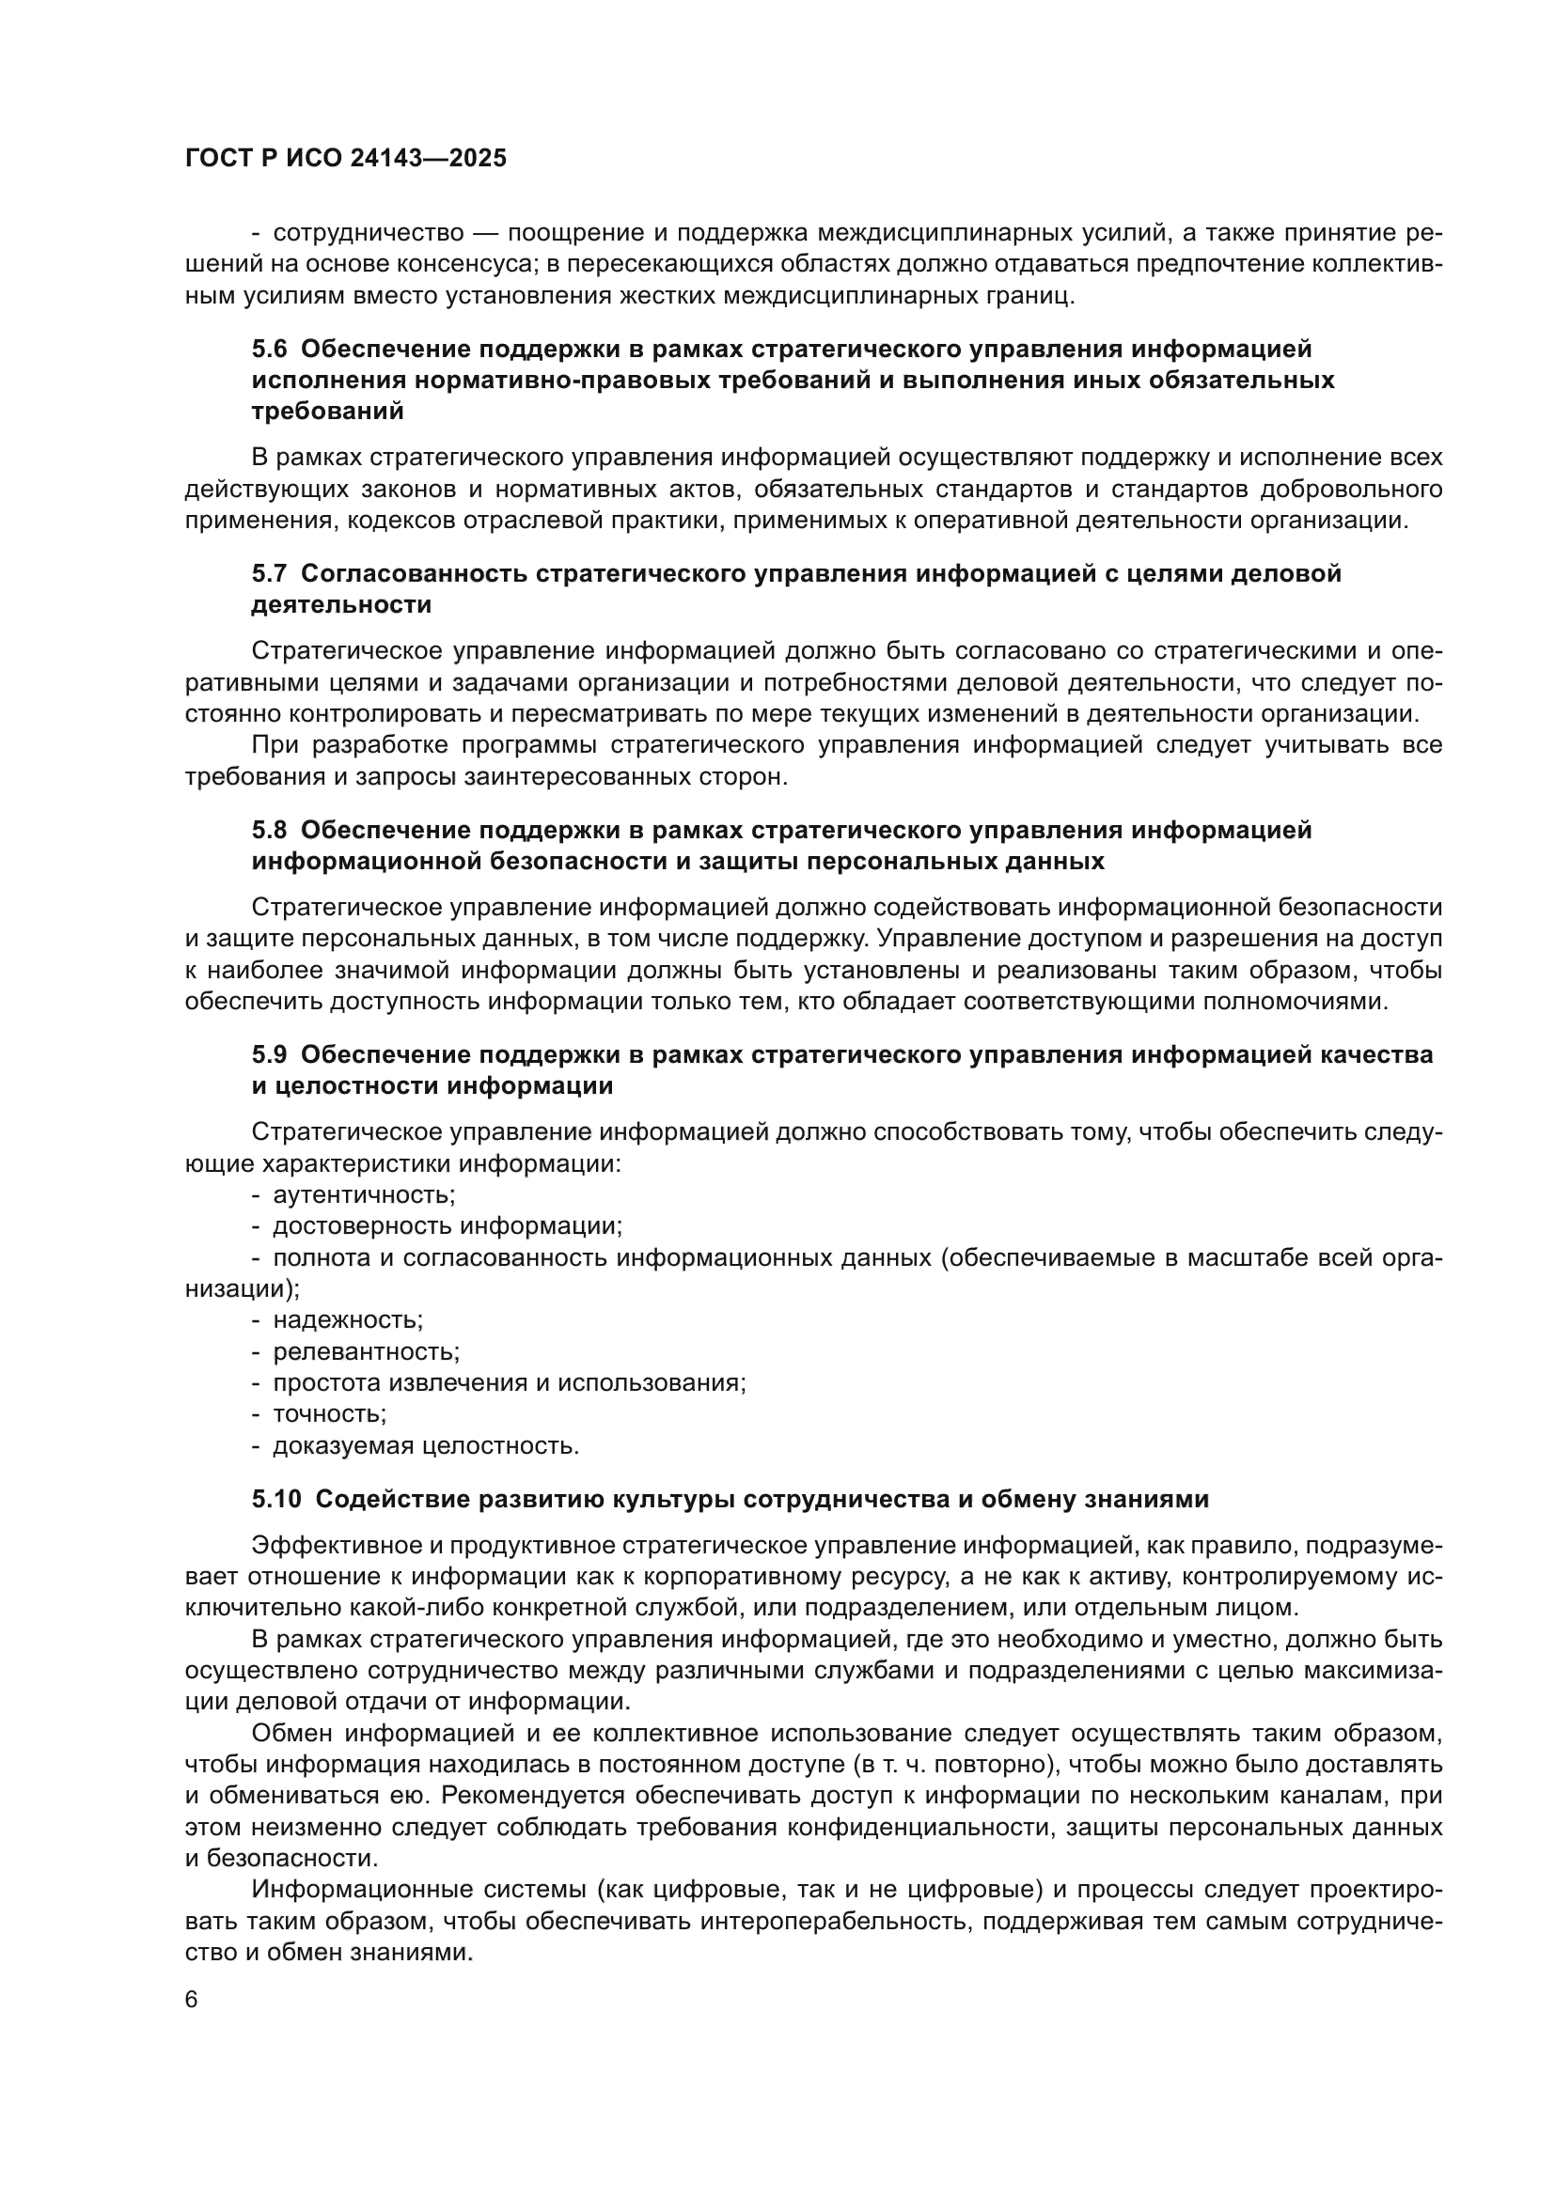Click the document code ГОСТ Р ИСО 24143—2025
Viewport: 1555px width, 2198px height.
346,159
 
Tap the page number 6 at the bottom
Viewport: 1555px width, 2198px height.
192,2000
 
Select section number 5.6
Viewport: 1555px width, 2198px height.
269,350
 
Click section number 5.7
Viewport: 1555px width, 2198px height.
269,573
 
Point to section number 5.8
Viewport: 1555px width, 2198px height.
269,830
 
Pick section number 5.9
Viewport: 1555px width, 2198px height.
269,1055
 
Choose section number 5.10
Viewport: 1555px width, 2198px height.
275,1499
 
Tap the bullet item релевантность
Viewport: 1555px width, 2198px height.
366,1351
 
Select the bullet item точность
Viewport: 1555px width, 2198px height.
329,1414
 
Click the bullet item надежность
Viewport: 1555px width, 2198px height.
348,1320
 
